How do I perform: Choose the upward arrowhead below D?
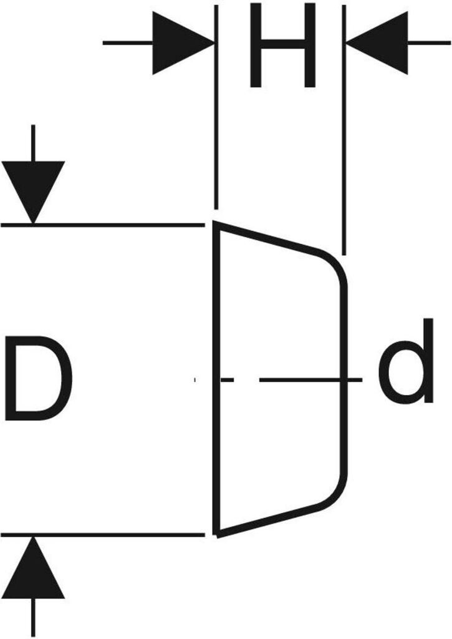pos(33,568)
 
